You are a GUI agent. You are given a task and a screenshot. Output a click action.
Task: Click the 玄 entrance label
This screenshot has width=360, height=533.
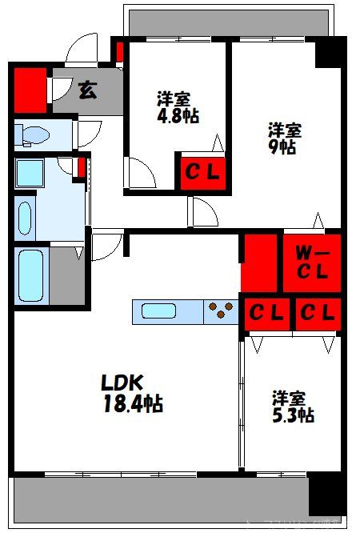tap(87, 89)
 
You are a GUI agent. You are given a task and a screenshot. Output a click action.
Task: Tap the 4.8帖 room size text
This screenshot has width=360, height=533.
tap(178, 115)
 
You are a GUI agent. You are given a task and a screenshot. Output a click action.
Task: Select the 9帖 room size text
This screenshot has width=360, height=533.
tap(283, 147)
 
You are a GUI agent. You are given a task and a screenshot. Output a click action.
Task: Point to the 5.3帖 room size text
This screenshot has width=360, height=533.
tap(292, 415)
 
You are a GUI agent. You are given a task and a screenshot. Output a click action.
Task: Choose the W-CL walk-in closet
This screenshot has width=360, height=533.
tap(311, 262)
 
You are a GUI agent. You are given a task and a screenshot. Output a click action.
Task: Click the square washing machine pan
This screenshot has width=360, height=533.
tap(30, 173)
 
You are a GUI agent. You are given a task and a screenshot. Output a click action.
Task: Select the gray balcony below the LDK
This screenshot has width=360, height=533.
tap(160, 499)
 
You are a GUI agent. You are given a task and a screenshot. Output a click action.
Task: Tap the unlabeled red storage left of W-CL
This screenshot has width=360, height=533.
tap(259, 262)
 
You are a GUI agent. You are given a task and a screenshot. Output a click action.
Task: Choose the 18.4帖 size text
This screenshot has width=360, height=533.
tap(132, 404)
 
